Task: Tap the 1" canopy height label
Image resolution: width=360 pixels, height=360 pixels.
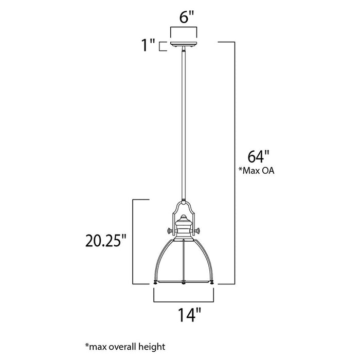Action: point(149,46)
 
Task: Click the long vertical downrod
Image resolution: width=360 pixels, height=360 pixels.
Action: point(184,123)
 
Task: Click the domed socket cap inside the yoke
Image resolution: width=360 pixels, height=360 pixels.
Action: point(184,222)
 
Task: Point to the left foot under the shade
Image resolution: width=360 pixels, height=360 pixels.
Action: point(155,283)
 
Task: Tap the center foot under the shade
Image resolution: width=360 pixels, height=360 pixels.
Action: point(184,283)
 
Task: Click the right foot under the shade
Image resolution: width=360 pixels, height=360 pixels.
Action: point(212,283)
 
